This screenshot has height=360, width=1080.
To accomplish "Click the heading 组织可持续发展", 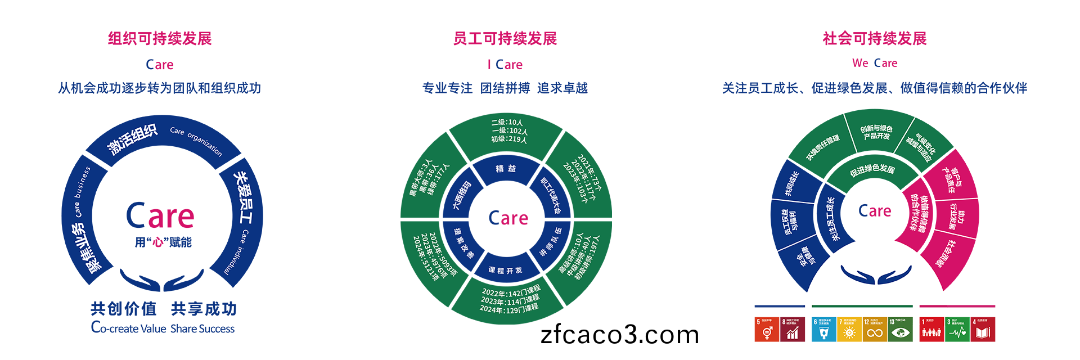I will (160, 39).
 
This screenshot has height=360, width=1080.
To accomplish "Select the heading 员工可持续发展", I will (505, 39).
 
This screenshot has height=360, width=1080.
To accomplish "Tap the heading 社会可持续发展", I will (875, 39).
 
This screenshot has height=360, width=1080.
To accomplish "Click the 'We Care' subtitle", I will (875, 63).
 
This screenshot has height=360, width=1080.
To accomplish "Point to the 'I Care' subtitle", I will (505, 65).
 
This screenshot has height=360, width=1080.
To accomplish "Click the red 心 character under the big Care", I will (158, 242).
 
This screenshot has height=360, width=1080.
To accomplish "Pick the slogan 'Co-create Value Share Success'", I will (163, 328).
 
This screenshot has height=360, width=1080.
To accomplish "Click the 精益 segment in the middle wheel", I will (506, 169).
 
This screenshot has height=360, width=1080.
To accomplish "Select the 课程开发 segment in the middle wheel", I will (505, 271).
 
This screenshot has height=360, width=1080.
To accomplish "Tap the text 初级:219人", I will (509, 139).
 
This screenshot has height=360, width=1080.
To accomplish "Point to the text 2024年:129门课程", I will (509, 309).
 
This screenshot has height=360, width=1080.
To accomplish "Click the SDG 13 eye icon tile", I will (900, 330).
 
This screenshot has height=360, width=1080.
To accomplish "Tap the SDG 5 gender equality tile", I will (766, 330).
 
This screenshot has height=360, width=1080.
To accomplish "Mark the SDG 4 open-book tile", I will (983, 330).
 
